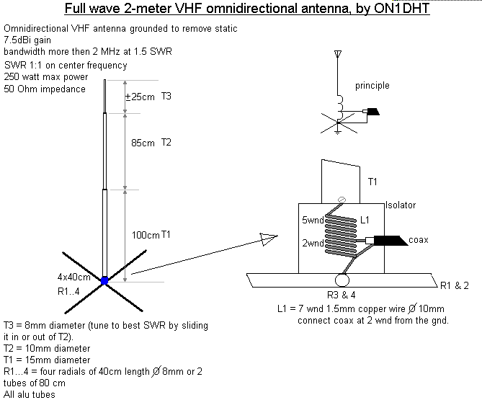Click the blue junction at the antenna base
(x=104, y=281)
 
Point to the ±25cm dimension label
(x=140, y=97)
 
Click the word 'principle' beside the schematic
(x=372, y=86)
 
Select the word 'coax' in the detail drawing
(x=419, y=240)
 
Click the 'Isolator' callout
(x=401, y=205)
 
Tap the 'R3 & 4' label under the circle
(x=341, y=295)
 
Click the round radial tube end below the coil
(x=341, y=279)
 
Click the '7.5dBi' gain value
(x=19, y=41)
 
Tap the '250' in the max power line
(x=12, y=77)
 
